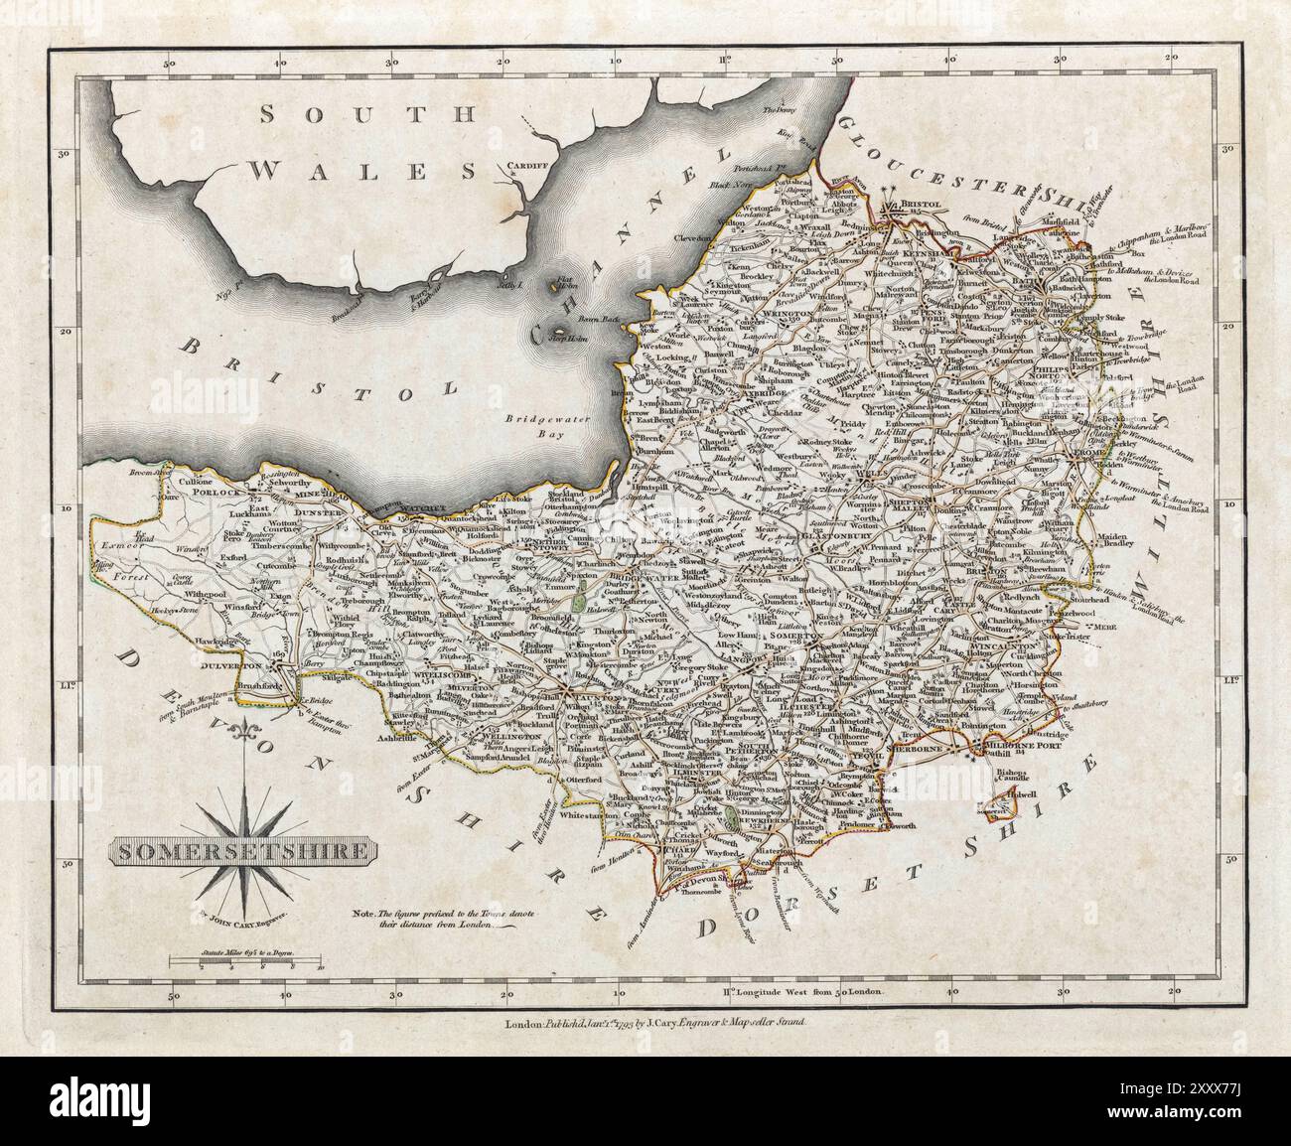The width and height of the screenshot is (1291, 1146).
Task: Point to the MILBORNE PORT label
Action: click(1022, 745)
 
